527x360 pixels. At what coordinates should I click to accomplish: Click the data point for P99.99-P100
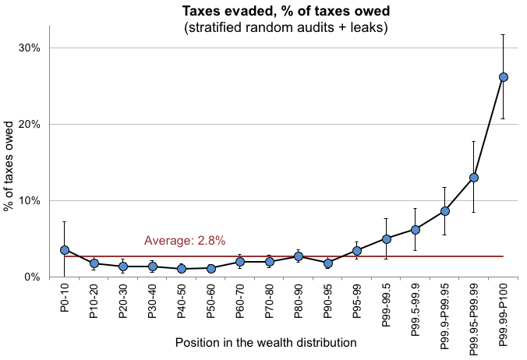pos(504,77)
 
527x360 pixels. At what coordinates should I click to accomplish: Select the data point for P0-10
pos(65,250)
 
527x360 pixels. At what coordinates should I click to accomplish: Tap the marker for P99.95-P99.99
pos(474,178)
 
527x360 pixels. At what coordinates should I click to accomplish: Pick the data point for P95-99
pos(357,251)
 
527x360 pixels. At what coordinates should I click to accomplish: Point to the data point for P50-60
pos(210,268)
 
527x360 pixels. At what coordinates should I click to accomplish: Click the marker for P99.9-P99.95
pos(444,211)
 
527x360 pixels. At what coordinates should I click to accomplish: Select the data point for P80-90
pos(299,256)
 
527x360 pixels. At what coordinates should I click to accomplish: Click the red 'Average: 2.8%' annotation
pos(185,241)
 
